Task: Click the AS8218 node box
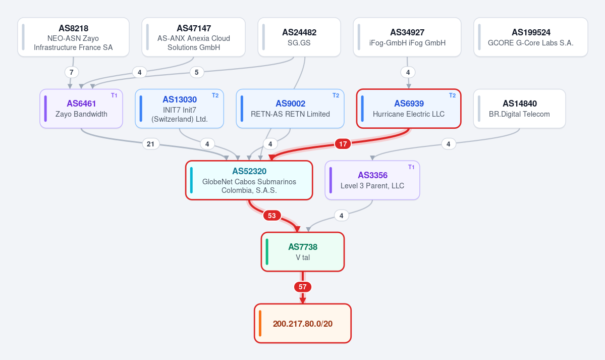click(73, 37)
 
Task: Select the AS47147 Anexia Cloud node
click(194, 37)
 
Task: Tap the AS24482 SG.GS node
click(299, 37)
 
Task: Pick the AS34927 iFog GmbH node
click(407, 37)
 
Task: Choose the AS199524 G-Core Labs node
click(530, 37)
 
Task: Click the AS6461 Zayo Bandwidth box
click(81, 109)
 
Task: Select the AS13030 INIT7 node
click(180, 109)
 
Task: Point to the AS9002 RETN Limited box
click(290, 109)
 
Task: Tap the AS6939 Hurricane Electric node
click(409, 109)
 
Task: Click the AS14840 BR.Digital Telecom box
click(519, 109)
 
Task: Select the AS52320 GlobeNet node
click(249, 180)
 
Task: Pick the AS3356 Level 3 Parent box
click(372, 180)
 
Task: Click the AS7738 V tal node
click(303, 252)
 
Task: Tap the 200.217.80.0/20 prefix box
click(303, 323)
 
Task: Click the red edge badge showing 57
click(303, 287)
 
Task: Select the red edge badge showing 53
click(272, 216)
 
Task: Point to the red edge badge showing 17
click(343, 144)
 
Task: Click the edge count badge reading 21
click(151, 144)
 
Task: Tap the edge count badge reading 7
click(71, 72)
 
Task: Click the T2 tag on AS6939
click(452, 95)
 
